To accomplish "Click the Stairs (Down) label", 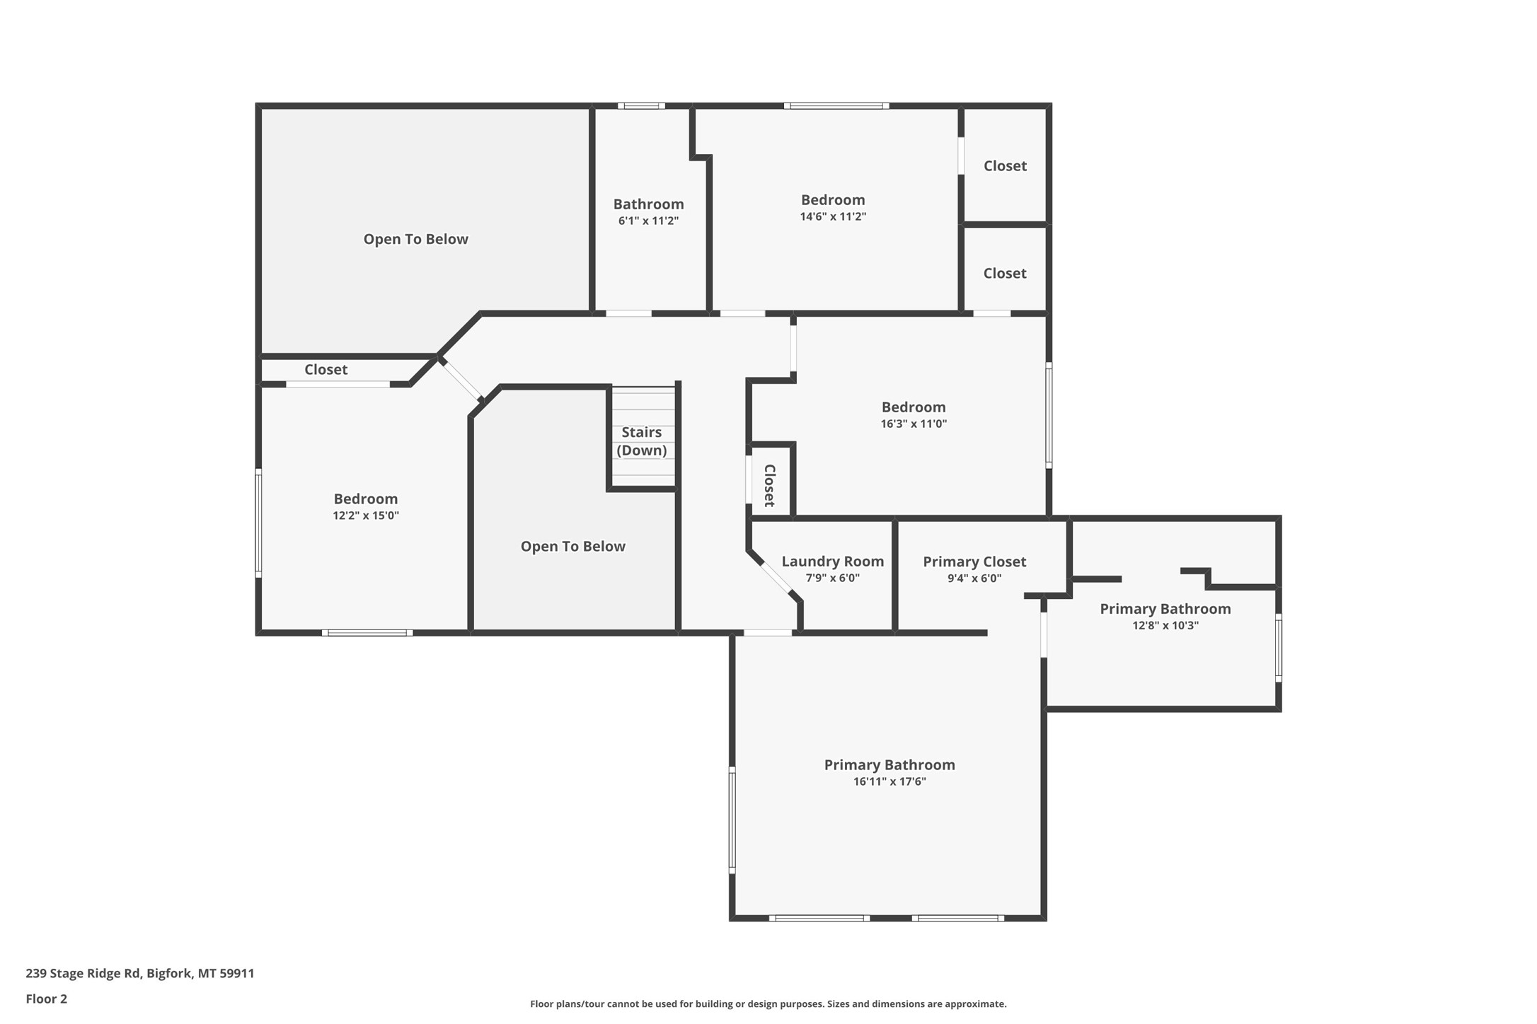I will pos(641,441).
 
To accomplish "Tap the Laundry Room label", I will pos(832,562).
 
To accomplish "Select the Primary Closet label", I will pos(974,562).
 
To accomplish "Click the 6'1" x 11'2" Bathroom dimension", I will pos(648,221).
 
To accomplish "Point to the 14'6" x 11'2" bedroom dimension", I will pos(833,216).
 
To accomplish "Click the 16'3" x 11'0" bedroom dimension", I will pos(913,424).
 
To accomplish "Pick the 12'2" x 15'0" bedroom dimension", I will pos(365,516).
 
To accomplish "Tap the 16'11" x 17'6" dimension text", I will pos(889,781).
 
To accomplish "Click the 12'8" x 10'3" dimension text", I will pos(1165,625).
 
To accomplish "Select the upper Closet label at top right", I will pos(1005,165).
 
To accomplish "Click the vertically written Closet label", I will pos(770,485).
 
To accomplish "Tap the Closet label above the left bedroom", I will pos(326,369).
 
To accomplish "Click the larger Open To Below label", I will pos(415,239).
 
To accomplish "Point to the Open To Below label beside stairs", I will pos(572,546).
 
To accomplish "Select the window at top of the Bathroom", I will pos(641,106).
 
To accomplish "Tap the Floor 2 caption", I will pos(47,999).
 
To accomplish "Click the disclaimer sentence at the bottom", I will pos(768,1003).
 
